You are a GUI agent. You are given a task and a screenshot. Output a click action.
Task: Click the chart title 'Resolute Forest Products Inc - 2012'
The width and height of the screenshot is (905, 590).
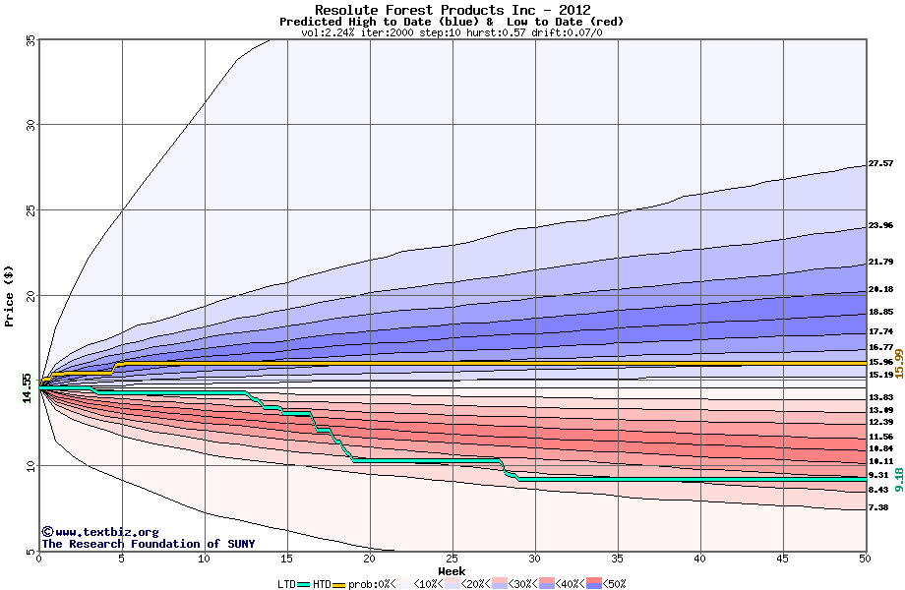(452, 10)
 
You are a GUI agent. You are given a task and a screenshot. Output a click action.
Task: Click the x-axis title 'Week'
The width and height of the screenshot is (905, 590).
(452, 571)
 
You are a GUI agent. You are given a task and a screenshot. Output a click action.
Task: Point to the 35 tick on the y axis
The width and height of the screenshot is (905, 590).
(30, 39)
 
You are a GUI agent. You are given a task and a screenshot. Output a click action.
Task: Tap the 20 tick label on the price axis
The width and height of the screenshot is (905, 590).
(30, 295)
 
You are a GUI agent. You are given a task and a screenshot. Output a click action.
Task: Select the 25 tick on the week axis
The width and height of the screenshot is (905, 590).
(452, 559)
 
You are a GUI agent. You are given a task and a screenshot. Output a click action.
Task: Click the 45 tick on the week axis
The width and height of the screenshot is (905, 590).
(782, 559)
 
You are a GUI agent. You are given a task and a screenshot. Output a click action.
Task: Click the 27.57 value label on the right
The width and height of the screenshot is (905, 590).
(880, 163)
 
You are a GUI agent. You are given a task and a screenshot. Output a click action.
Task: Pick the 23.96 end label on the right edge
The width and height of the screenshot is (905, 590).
(880, 225)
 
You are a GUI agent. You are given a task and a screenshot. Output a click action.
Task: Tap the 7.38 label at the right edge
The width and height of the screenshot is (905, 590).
(878, 507)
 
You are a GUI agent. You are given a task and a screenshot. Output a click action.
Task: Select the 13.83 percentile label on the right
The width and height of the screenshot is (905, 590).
(880, 396)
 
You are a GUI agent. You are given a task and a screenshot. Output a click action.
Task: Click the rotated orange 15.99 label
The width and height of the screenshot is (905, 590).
(898, 363)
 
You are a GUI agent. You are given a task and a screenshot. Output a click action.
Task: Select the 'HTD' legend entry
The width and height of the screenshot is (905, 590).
(323, 584)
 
